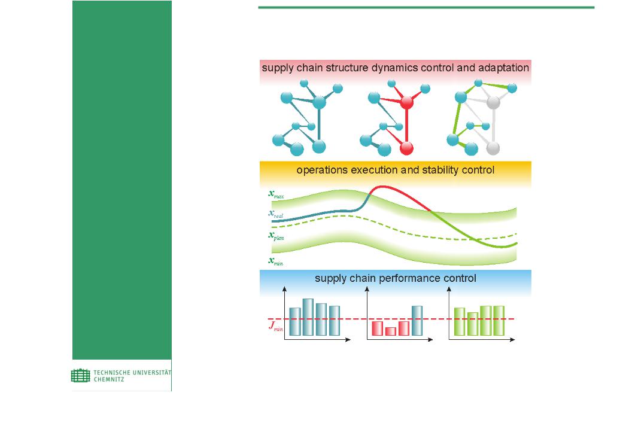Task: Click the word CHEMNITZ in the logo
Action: click(x=109, y=379)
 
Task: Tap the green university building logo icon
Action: click(x=81, y=375)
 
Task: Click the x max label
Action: click(x=276, y=194)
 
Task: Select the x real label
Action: click(x=276, y=214)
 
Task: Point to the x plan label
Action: click(x=276, y=236)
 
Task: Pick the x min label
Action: click(x=276, y=261)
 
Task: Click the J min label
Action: click(x=276, y=325)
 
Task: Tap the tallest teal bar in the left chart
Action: click(x=308, y=317)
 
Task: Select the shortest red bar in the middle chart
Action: click(x=391, y=331)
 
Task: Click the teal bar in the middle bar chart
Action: click(x=417, y=321)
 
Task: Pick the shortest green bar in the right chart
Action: click(x=472, y=324)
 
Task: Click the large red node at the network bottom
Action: click(x=406, y=148)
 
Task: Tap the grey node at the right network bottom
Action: click(x=493, y=148)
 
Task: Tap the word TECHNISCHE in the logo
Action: click(x=112, y=373)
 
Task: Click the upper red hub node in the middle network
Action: click(x=406, y=102)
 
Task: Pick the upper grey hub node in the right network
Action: click(x=493, y=102)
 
